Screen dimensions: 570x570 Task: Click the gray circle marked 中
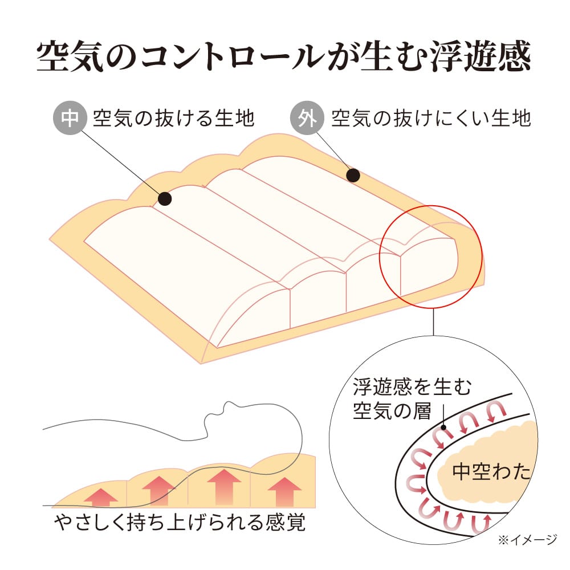70,118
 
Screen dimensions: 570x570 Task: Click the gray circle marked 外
307,118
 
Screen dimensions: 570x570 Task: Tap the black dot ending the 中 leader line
165,199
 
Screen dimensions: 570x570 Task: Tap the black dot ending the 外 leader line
353,176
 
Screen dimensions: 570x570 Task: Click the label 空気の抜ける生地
174,118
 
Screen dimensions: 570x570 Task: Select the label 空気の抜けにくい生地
431,118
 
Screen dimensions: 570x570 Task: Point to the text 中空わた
491,471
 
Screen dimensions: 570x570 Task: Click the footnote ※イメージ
527,540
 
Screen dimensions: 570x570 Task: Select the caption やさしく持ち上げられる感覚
180,522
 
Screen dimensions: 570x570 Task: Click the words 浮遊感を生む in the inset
412,386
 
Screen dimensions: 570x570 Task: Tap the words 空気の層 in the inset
392,411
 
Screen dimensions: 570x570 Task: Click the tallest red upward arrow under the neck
224,487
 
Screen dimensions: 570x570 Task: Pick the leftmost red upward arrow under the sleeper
101,497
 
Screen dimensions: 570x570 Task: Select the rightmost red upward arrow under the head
284,492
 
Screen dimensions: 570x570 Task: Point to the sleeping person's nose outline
228,404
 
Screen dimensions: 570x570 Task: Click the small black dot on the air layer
443,427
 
